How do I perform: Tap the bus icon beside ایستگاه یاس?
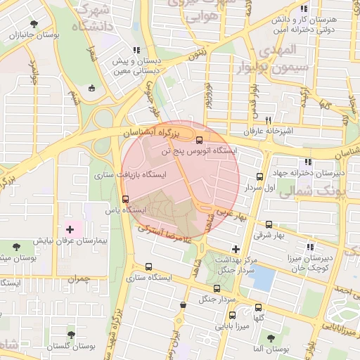126,199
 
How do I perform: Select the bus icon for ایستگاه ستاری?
148,266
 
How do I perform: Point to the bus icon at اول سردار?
260,177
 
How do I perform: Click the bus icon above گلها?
259,307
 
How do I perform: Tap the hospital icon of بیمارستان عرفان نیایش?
70,229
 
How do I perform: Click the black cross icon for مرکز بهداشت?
236,249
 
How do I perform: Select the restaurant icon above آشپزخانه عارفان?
268,120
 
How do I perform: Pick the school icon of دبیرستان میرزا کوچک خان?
310,246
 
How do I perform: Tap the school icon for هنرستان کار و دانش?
304,9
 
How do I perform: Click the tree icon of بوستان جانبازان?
34,24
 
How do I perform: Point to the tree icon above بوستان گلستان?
70,335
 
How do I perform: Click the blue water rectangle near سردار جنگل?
262,278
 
